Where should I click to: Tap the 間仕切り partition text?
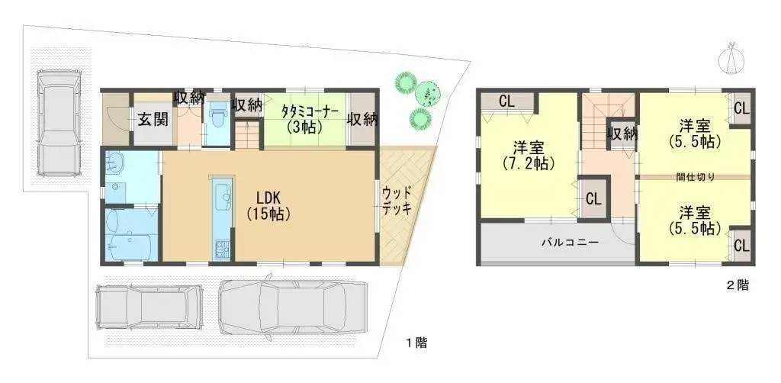point(696,177)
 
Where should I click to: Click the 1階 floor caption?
point(416,344)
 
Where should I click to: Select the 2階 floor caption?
point(737,286)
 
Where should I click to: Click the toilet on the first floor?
point(217,117)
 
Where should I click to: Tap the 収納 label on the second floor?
point(622,134)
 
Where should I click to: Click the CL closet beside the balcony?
point(593,198)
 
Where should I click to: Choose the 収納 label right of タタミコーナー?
point(362,119)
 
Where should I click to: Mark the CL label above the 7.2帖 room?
point(506,101)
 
